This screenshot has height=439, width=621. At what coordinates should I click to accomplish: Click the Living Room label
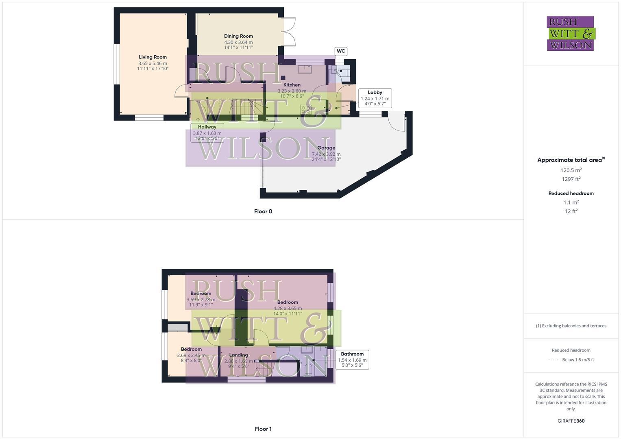[153, 57]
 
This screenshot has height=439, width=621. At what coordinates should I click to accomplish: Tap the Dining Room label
[238, 36]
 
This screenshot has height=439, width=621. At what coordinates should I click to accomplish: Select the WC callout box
[341, 51]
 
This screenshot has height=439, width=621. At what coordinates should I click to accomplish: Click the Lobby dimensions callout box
[375, 98]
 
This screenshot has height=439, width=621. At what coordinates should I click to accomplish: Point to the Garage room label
[326, 148]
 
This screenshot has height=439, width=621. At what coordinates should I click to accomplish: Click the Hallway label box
[207, 132]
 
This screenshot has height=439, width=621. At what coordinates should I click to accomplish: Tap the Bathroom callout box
[352, 359]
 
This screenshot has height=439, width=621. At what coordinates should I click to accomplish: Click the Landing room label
[238, 355]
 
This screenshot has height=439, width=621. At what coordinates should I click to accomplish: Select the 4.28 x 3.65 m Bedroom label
[288, 302]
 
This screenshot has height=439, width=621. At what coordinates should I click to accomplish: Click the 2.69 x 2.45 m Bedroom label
[191, 349]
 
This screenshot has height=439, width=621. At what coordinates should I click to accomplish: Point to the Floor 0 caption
[263, 211]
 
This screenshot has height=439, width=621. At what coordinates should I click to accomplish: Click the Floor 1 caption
[263, 429]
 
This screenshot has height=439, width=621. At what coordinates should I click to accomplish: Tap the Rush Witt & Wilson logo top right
[571, 33]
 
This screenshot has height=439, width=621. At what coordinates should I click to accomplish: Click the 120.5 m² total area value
[571, 170]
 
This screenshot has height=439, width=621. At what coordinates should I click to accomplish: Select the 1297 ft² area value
[571, 179]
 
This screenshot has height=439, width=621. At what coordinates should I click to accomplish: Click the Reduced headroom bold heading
[571, 193]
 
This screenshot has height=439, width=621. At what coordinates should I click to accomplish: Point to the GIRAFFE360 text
[571, 421]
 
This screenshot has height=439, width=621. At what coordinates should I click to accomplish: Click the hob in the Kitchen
[305, 109]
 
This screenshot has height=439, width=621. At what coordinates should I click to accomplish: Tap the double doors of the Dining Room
[289, 32]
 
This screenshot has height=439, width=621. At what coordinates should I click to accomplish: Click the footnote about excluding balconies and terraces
[571, 326]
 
